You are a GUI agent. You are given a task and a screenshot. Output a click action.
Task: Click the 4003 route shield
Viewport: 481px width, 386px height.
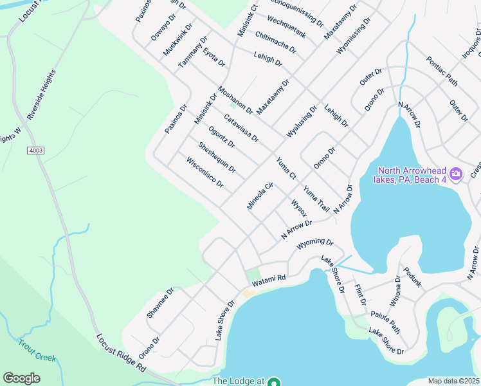pyautogui.click(x=36, y=151)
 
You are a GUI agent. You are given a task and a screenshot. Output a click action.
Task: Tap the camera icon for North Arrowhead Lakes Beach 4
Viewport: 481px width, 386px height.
pyautogui.click(x=456, y=174)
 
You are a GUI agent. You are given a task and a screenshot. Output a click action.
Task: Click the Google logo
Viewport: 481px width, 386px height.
pyautogui.click(x=22, y=378)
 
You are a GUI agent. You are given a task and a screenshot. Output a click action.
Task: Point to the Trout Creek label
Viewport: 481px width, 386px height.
pyautogui.click(x=37, y=349)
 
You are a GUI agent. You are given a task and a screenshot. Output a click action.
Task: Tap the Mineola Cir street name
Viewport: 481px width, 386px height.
pyautogui.click(x=260, y=196)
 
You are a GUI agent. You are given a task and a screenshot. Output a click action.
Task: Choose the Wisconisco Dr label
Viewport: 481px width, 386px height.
pyautogui.click(x=204, y=172)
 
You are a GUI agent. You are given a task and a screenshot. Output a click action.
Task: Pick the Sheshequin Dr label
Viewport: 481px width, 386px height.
pyautogui.click(x=217, y=158)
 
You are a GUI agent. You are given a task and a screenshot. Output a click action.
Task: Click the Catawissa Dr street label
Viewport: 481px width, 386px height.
pyautogui.click(x=241, y=128)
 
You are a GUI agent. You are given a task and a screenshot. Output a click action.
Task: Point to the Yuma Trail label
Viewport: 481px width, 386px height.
pyautogui.click(x=316, y=199)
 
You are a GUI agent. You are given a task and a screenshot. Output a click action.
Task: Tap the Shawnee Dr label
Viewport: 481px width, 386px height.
pyautogui.click(x=160, y=304)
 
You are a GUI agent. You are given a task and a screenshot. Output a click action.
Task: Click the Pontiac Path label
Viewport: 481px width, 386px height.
pyautogui.click(x=442, y=71)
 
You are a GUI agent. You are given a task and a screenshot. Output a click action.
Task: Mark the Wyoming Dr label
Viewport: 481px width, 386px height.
pyautogui.click(x=315, y=244)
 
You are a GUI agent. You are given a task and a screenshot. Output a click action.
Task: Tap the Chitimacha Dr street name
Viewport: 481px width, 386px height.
pyautogui.click(x=276, y=42)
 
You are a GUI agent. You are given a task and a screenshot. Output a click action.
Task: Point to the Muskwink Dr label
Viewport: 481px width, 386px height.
pyautogui.click(x=177, y=40)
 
